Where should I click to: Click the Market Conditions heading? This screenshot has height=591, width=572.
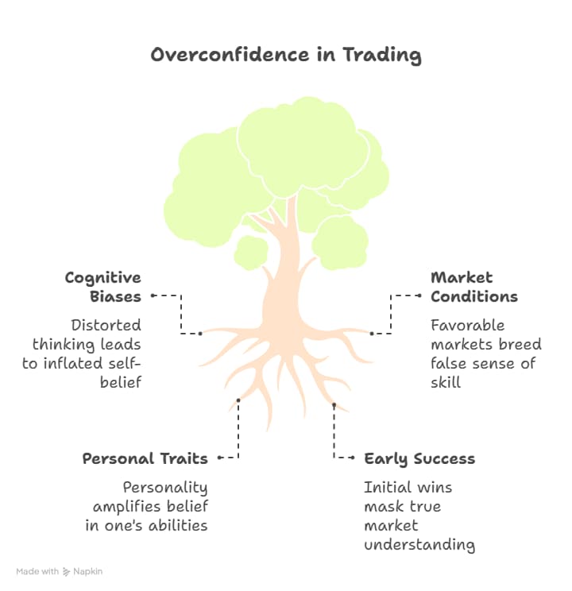point(473,287)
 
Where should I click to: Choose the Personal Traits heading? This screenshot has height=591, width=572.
point(145,458)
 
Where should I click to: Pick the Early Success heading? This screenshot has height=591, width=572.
point(419,458)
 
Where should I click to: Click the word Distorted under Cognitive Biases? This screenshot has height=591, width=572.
point(106,325)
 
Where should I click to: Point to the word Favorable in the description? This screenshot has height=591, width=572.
point(467,325)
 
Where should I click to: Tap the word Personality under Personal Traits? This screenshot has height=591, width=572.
point(164,487)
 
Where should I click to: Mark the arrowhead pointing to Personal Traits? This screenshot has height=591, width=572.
point(219,458)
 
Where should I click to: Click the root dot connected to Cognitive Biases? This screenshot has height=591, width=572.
point(200,334)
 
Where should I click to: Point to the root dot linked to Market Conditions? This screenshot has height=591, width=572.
point(371,334)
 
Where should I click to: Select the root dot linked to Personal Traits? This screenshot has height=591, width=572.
point(238,400)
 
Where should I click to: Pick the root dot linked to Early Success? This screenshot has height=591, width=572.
point(334,405)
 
